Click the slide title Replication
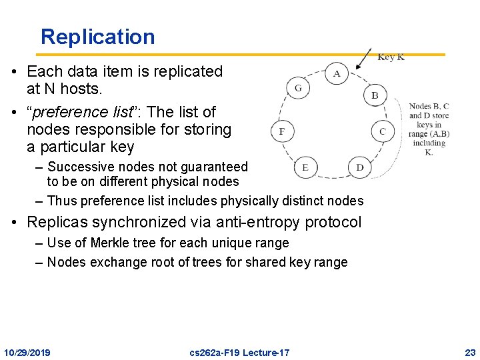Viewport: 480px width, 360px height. [x=97, y=37]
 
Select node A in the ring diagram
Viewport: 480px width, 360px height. [x=337, y=73]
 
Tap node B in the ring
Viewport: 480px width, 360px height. [x=375, y=95]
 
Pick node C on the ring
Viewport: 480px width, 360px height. [x=382, y=131]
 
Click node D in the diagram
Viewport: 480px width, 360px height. [x=359, y=167]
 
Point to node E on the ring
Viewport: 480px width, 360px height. [x=305, y=167]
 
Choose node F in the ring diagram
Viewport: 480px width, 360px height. [x=282, y=131]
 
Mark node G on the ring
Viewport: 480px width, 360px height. [x=298, y=88]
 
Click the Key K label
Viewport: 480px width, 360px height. [x=391, y=57]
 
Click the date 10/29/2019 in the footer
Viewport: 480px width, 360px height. [x=27, y=352]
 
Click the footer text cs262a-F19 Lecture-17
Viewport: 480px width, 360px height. [x=239, y=352]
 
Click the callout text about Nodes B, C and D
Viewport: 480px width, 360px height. [x=429, y=129]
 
